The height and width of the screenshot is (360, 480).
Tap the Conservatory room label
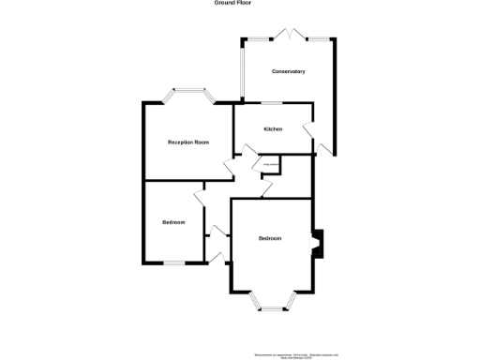coord(289,71)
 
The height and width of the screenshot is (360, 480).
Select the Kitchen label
coord(273,128)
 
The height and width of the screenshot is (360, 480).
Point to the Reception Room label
coord(187,142)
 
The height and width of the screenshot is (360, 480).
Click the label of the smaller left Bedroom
coord(173,222)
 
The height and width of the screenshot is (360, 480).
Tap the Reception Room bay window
coord(187,94)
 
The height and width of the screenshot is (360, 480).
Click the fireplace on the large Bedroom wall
coord(318,244)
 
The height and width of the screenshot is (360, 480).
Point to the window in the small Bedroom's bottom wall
coord(174,263)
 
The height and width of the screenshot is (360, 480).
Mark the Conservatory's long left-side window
coord(243,70)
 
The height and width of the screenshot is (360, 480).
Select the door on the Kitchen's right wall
coord(308,131)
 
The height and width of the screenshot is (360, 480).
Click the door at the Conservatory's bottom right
coord(323,146)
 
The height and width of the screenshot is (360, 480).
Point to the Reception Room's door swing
coord(228,169)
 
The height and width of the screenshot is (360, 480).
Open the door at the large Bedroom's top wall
coord(268,190)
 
